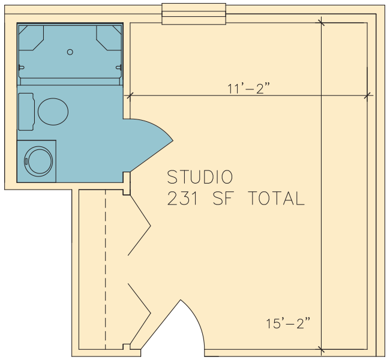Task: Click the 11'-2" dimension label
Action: [x=249, y=89]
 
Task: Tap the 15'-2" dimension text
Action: [x=288, y=323]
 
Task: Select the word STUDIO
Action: [x=200, y=177]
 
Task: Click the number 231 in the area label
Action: [x=183, y=198]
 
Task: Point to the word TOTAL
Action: [x=277, y=198]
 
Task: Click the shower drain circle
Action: [x=70, y=52]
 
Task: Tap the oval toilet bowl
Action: [x=53, y=112]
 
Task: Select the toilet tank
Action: [x=26, y=112]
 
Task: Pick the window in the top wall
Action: [x=194, y=14]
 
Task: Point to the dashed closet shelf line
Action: [x=105, y=269]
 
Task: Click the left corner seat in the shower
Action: [x=31, y=38]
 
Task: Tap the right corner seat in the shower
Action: [x=109, y=38]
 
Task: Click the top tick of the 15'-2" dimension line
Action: [x=321, y=23]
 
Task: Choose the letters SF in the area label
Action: [x=223, y=198]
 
